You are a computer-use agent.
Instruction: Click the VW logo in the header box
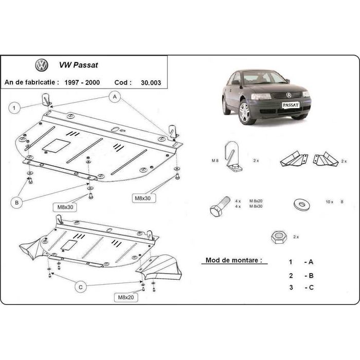[x=42, y=66]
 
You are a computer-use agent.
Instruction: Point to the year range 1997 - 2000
[x=82, y=82]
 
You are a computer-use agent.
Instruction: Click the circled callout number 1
[x=15, y=107]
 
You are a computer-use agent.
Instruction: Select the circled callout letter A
[x=115, y=96]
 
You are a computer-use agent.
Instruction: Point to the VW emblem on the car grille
[x=289, y=95]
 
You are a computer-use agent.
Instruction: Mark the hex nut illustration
[x=278, y=237]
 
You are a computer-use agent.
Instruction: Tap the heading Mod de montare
[x=230, y=260]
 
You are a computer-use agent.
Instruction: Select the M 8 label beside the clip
[x=215, y=161]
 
